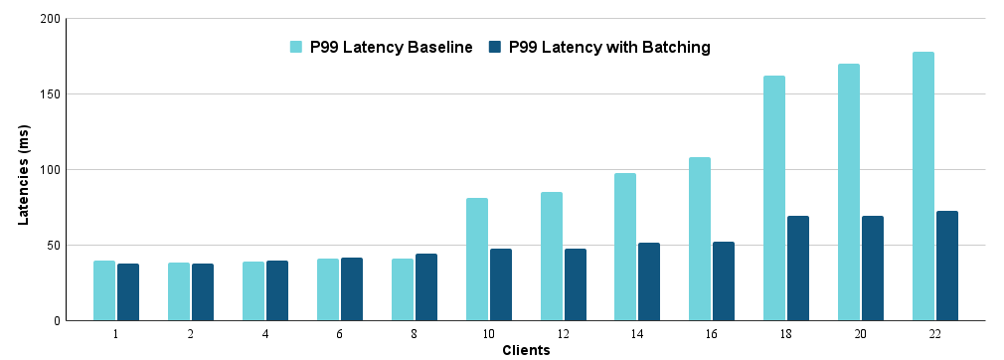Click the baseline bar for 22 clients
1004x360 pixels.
click(x=922, y=186)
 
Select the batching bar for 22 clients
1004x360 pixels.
click(x=946, y=266)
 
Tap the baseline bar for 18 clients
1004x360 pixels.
click(x=774, y=198)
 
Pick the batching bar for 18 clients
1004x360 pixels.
click(x=798, y=268)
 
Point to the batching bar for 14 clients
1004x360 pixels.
click(x=649, y=281)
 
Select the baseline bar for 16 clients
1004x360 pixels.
click(x=700, y=239)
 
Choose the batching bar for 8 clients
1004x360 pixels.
click(x=426, y=286)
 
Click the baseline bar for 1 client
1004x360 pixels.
click(x=104, y=290)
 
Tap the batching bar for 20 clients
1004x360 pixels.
click(x=872, y=268)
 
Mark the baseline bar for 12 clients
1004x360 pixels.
click(x=552, y=256)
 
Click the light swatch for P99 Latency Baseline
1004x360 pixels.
click(x=296, y=47)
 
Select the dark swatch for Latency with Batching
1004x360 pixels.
click(x=494, y=47)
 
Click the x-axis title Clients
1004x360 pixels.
click(x=526, y=350)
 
